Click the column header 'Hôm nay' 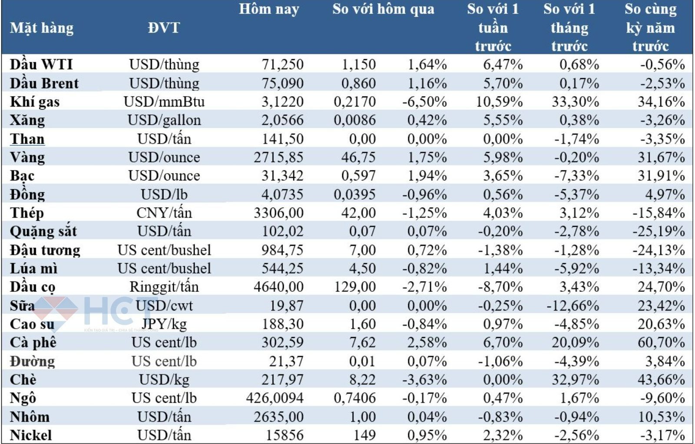point(269,10)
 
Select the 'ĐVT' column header point(163,28)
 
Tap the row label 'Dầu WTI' point(41,64)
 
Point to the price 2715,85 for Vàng point(278,157)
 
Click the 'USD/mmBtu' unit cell point(164,102)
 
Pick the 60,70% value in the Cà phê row point(661,342)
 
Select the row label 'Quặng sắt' point(43,231)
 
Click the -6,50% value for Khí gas point(424,102)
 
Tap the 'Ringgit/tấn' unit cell point(164,287)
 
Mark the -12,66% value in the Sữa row point(573,306)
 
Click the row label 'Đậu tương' point(45,250)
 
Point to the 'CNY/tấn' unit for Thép point(164,213)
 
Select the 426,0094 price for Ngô point(275,398)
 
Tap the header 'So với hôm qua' point(383,10)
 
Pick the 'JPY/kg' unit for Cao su point(164,324)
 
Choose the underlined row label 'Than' point(27,139)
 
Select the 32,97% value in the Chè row point(575,380)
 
